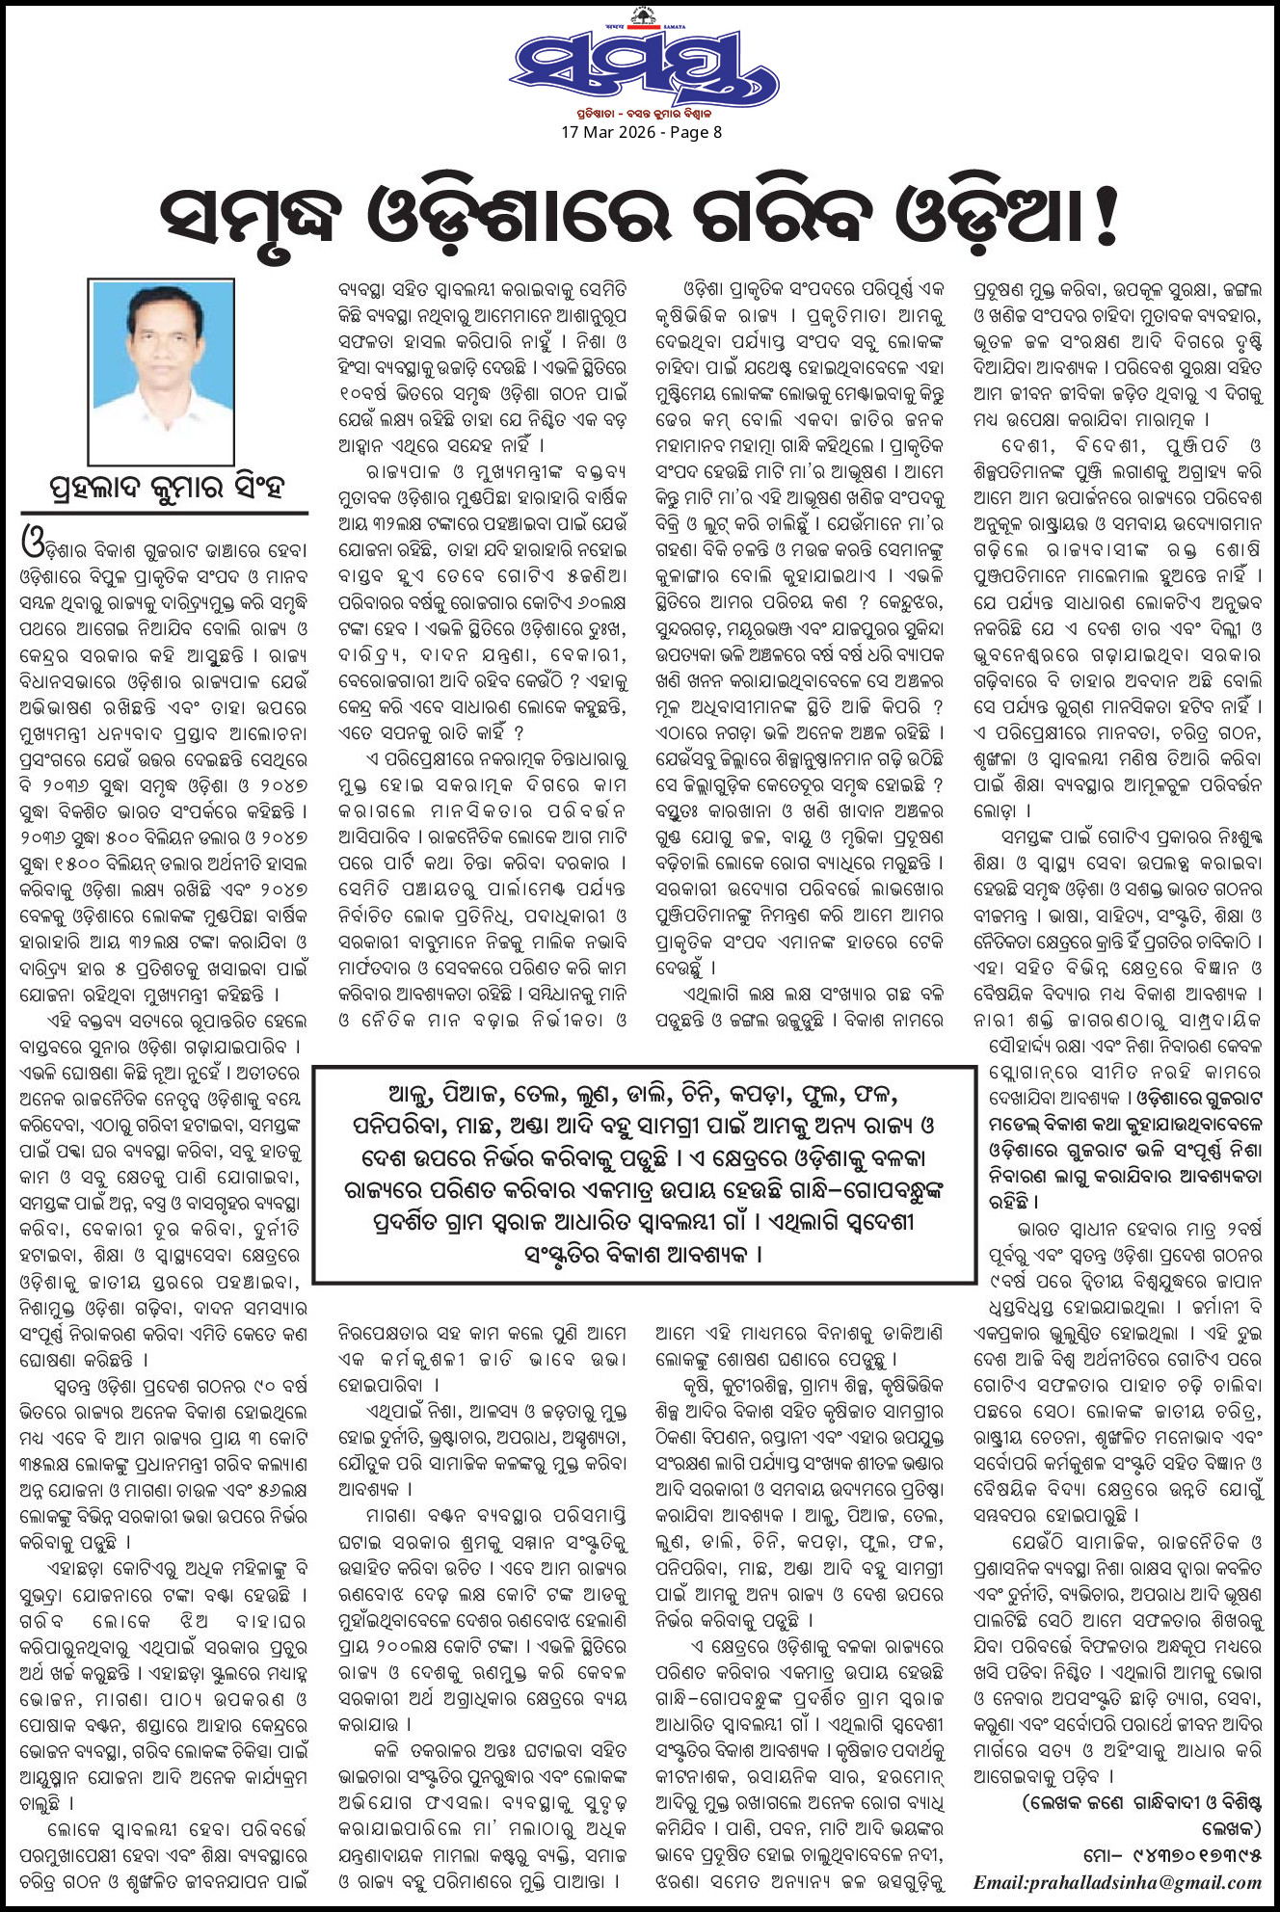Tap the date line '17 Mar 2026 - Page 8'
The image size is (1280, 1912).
click(641, 132)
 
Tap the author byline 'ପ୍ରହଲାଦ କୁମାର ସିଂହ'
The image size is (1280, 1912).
click(167, 488)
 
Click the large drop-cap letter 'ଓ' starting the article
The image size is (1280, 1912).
click(34, 544)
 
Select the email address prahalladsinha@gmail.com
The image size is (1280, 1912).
click(1117, 1882)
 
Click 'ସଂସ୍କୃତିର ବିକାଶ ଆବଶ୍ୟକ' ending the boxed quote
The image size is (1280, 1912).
click(643, 1254)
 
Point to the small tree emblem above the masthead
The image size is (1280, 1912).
click(639, 15)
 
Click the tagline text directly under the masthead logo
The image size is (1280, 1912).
click(643, 112)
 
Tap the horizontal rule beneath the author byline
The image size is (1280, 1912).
click(164, 513)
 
